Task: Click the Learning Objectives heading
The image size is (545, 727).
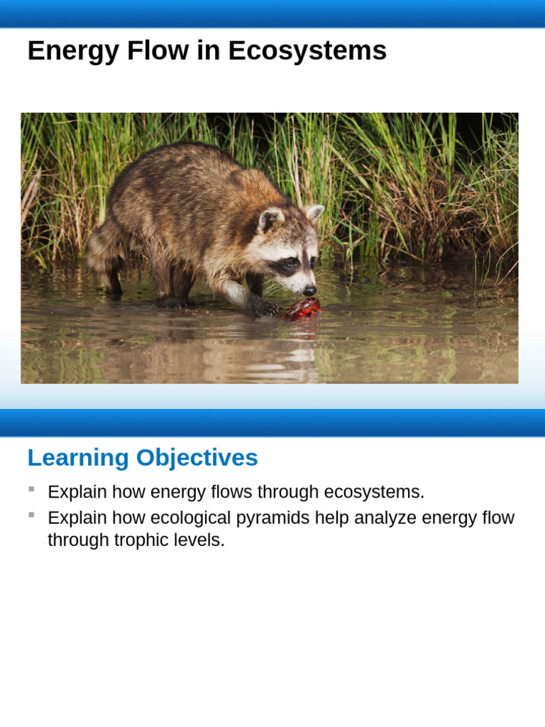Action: [142, 458]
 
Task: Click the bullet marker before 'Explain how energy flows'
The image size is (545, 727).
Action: [31, 489]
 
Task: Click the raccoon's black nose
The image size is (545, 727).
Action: [309, 290]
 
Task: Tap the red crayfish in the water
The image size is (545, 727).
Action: [302, 308]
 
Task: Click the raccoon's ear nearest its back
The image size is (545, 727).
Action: [270, 219]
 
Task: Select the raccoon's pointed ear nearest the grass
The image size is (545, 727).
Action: [314, 212]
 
